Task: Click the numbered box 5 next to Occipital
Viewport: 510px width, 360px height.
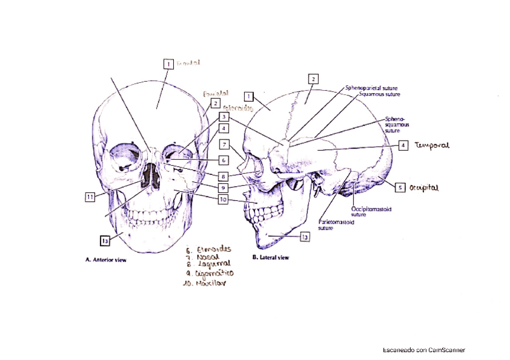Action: coord(400,187)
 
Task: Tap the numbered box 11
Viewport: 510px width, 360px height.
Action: coord(88,197)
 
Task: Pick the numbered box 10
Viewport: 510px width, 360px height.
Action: coord(223,200)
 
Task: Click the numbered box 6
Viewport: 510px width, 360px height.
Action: coord(223,160)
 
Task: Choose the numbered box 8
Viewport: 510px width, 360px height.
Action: coord(223,177)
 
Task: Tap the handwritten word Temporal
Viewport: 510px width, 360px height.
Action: coord(432,145)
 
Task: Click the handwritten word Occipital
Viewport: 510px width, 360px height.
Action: coord(424,188)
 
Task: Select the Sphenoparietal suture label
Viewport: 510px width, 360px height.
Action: coord(370,88)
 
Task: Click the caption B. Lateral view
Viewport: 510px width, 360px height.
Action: coord(271,257)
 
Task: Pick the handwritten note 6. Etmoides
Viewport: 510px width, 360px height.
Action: coord(208,247)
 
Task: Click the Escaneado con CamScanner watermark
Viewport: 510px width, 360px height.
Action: coord(423,350)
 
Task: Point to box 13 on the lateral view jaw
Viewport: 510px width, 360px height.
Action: coord(304,237)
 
